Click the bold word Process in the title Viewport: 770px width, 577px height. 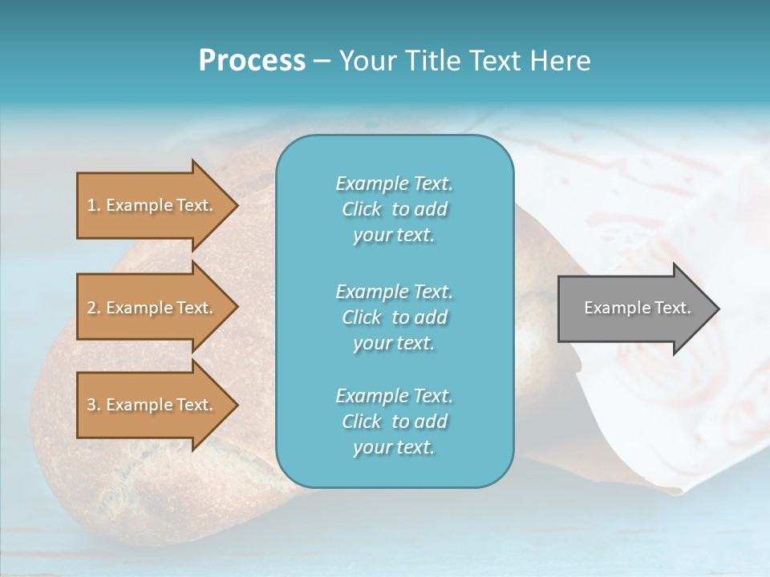coord(252,61)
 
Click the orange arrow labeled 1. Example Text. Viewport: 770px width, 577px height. coord(152,205)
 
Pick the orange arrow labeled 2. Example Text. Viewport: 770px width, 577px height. coord(152,308)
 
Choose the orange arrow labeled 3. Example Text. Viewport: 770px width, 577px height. coord(152,405)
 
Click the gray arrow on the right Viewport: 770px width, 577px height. coord(634,309)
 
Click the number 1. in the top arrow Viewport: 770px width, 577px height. coord(94,205)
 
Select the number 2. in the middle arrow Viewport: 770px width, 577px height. coord(94,308)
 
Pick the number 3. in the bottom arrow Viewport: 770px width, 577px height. coord(94,405)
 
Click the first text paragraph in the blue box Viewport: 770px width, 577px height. coord(394,209)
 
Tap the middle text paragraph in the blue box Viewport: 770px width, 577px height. coord(394,317)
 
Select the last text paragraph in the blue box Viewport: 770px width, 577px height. coord(394,422)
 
